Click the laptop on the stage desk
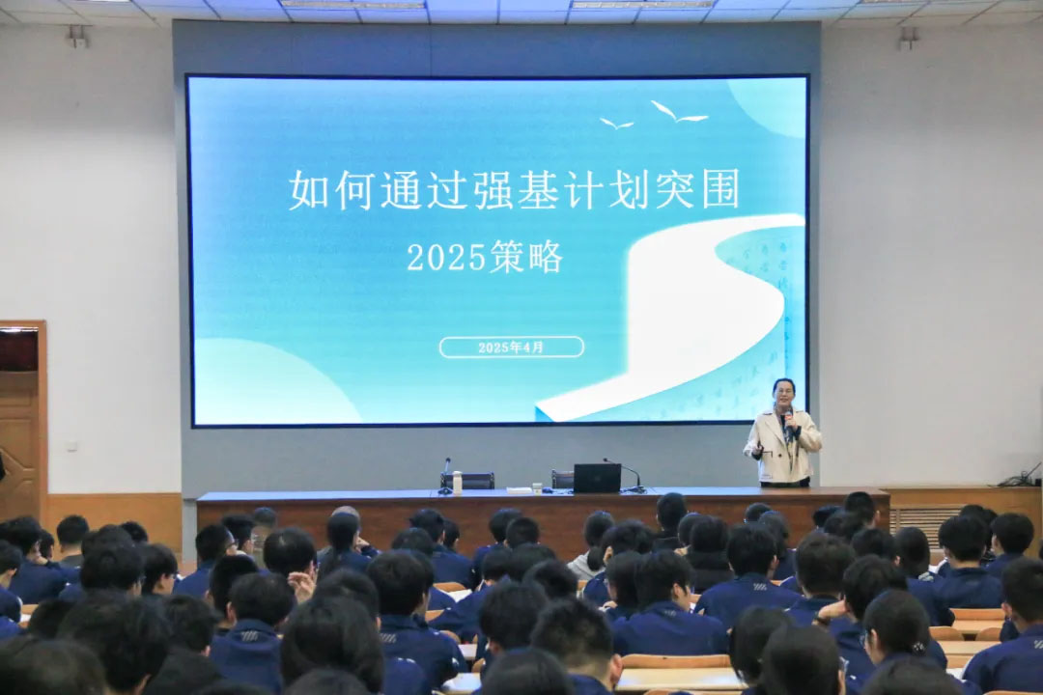(x=597, y=478)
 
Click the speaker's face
(x=783, y=397)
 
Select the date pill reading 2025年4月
(x=511, y=347)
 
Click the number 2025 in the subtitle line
(x=446, y=258)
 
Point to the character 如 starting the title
(x=309, y=190)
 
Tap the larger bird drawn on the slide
(x=679, y=112)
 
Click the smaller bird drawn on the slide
(x=616, y=124)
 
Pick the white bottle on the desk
(x=457, y=483)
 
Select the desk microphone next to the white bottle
(x=445, y=476)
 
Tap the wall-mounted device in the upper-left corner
(x=77, y=37)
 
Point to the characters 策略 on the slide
(x=526, y=258)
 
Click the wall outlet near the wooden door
(x=72, y=445)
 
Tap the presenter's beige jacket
(x=783, y=446)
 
